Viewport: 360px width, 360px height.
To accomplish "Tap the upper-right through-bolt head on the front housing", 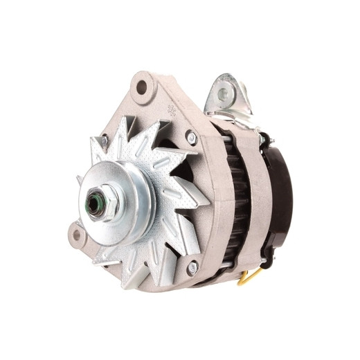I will click(x=192, y=138).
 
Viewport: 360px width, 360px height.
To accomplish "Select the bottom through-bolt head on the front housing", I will click(x=192, y=267).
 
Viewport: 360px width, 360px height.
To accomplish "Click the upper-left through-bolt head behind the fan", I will click(x=104, y=141).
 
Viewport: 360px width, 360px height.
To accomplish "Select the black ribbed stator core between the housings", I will click(x=239, y=201).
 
